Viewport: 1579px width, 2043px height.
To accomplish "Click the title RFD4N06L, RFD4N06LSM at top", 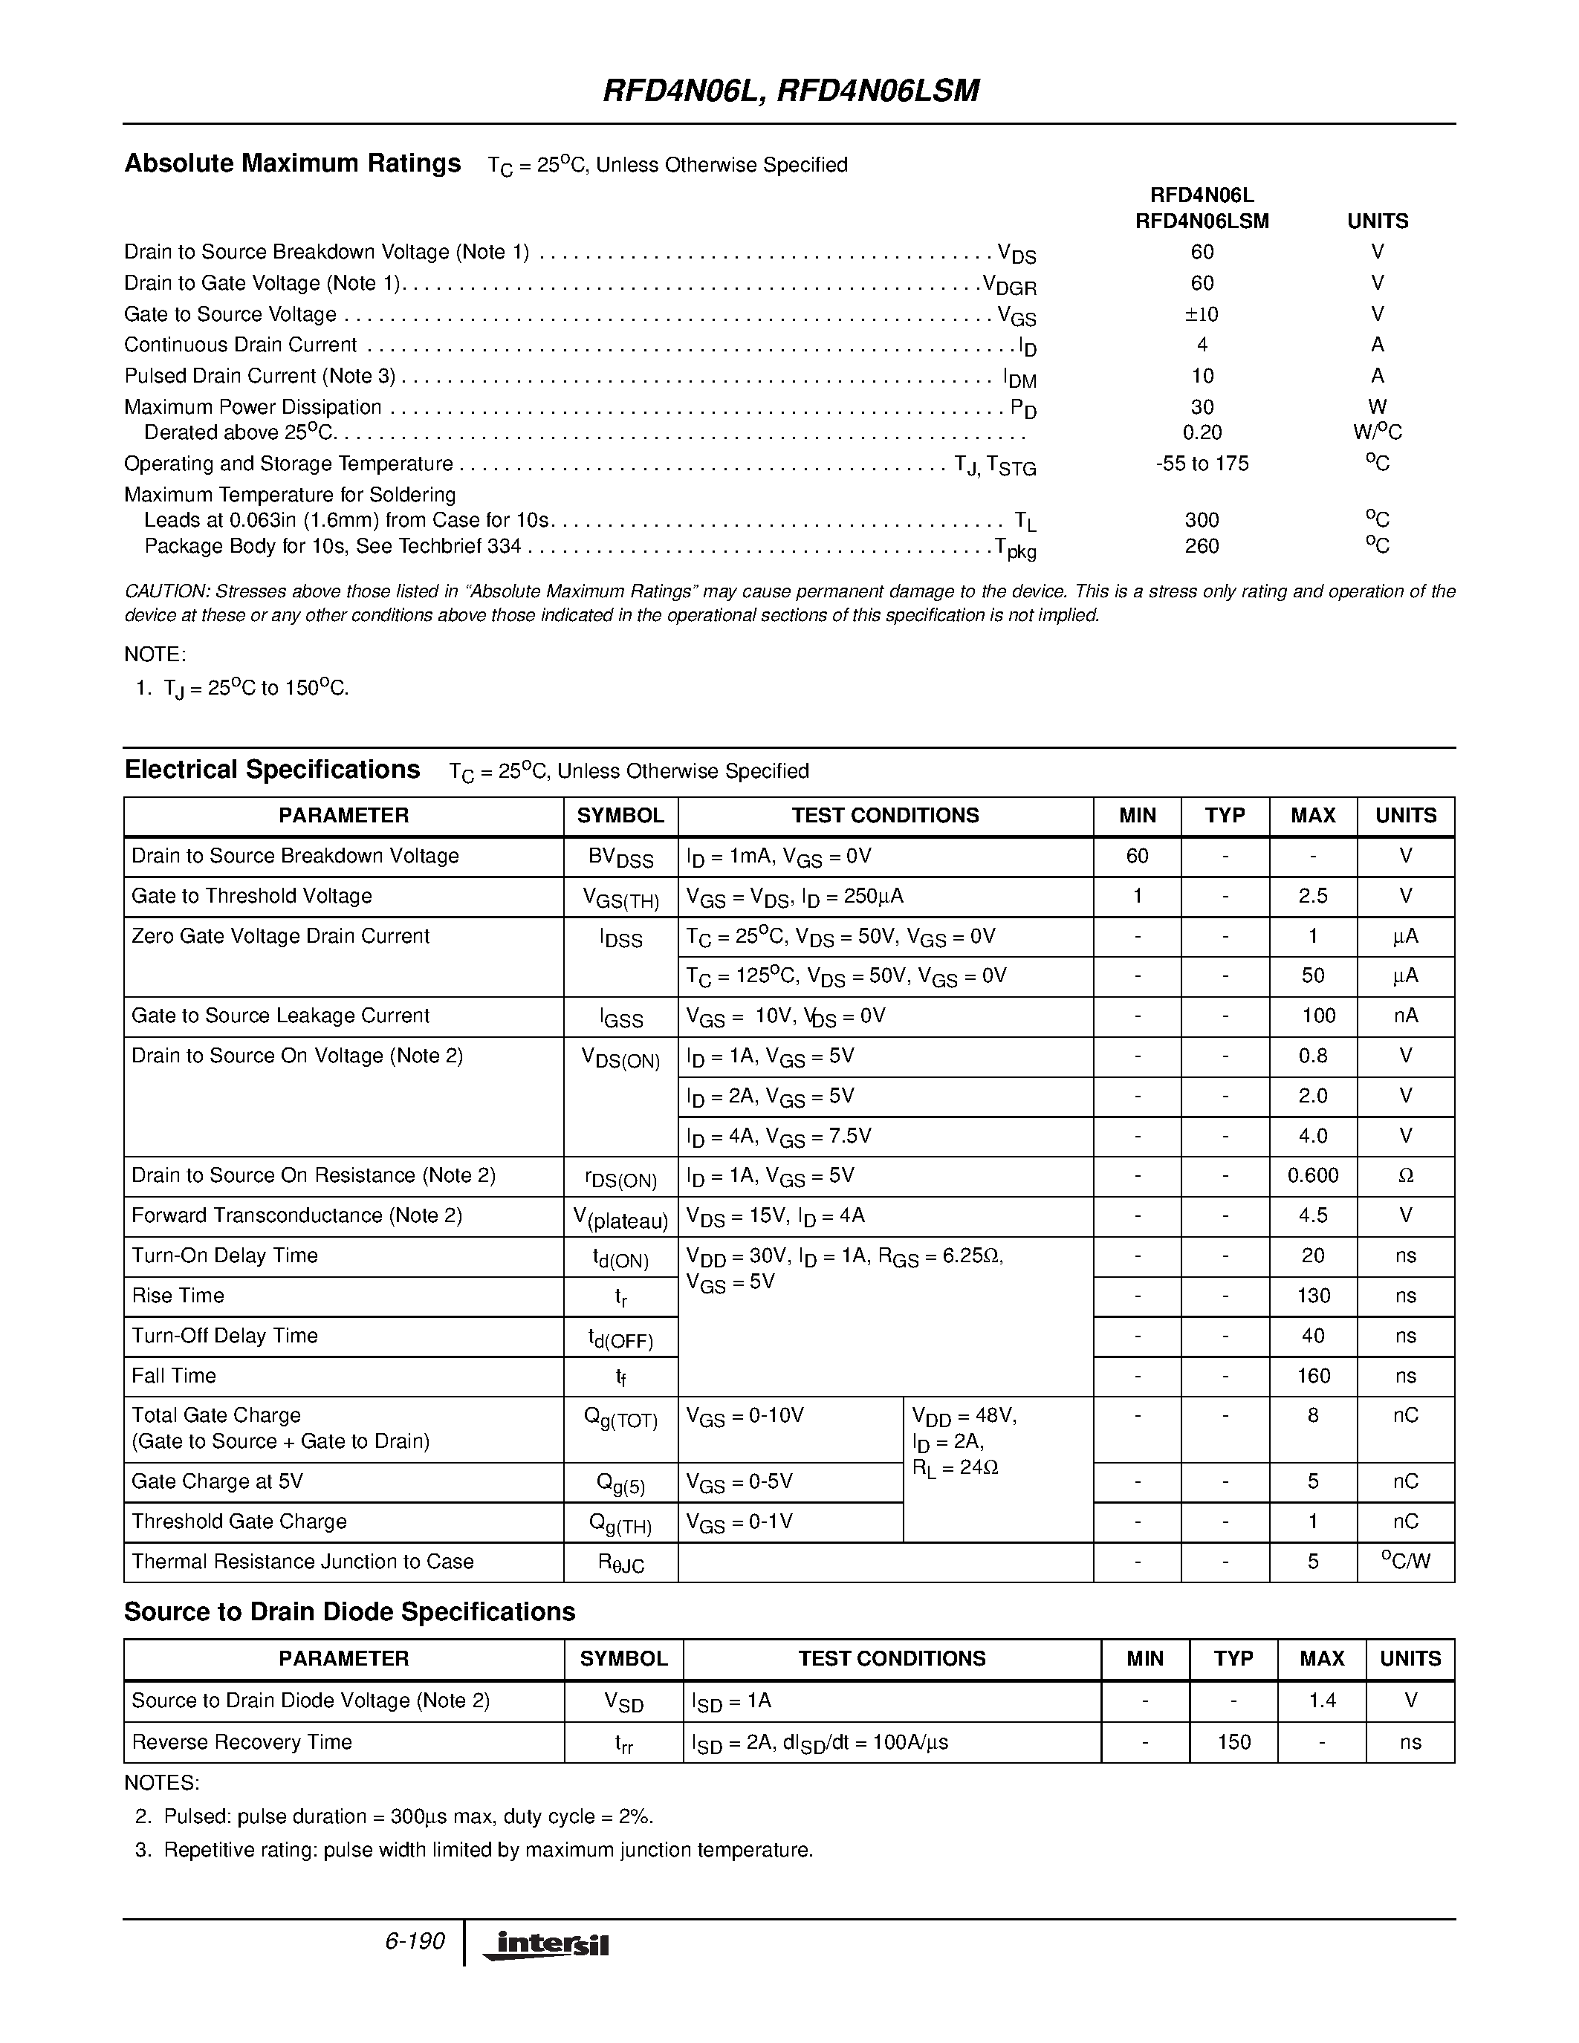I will click(791, 91).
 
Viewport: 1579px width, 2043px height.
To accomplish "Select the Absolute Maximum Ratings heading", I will click(293, 163).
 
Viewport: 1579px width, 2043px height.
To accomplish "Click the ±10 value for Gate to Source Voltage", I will click(1202, 314).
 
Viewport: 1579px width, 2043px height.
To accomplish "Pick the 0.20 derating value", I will click(1202, 433).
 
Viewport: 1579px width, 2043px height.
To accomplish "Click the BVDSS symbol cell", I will click(620, 857).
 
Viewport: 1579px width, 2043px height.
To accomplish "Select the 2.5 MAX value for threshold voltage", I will click(1312, 896).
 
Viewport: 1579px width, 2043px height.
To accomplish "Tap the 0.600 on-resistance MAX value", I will click(1312, 1176).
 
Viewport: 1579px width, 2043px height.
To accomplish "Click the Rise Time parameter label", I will click(178, 1296).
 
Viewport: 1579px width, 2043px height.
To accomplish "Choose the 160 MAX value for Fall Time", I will click(1312, 1376).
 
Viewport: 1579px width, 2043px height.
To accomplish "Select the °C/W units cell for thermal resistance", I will click(1405, 1562).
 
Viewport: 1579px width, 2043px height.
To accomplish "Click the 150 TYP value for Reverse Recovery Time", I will click(1233, 1742).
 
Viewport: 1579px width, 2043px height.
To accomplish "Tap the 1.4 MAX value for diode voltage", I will click(1322, 1701).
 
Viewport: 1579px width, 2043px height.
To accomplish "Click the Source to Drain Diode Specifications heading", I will click(349, 1612).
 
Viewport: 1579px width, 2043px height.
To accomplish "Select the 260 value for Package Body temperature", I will click(1202, 546).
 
